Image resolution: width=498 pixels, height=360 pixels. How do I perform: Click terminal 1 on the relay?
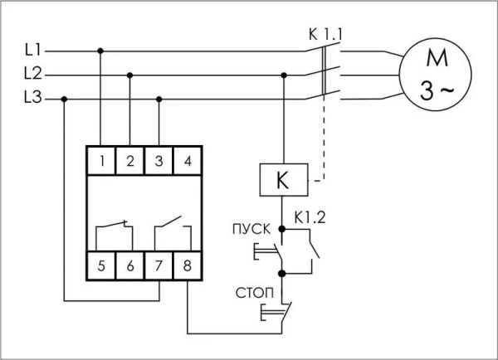pyautogui.click(x=101, y=160)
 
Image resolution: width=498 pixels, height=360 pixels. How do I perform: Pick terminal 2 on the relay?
pyautogui.click(x=129, y=160)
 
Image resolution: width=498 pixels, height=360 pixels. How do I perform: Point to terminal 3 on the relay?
pyautogui.click(x=159, y=160)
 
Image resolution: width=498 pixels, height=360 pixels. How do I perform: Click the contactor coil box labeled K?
pyautogui.click(x=284, y=178)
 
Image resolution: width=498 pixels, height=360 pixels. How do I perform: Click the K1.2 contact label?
pyautogui.click(x=309, y=219)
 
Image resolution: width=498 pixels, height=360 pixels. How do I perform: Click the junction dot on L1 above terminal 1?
pyautogui.click(x=101, y=51)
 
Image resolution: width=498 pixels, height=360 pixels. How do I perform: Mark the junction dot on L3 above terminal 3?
pyautogui.click(x=159, y=99)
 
